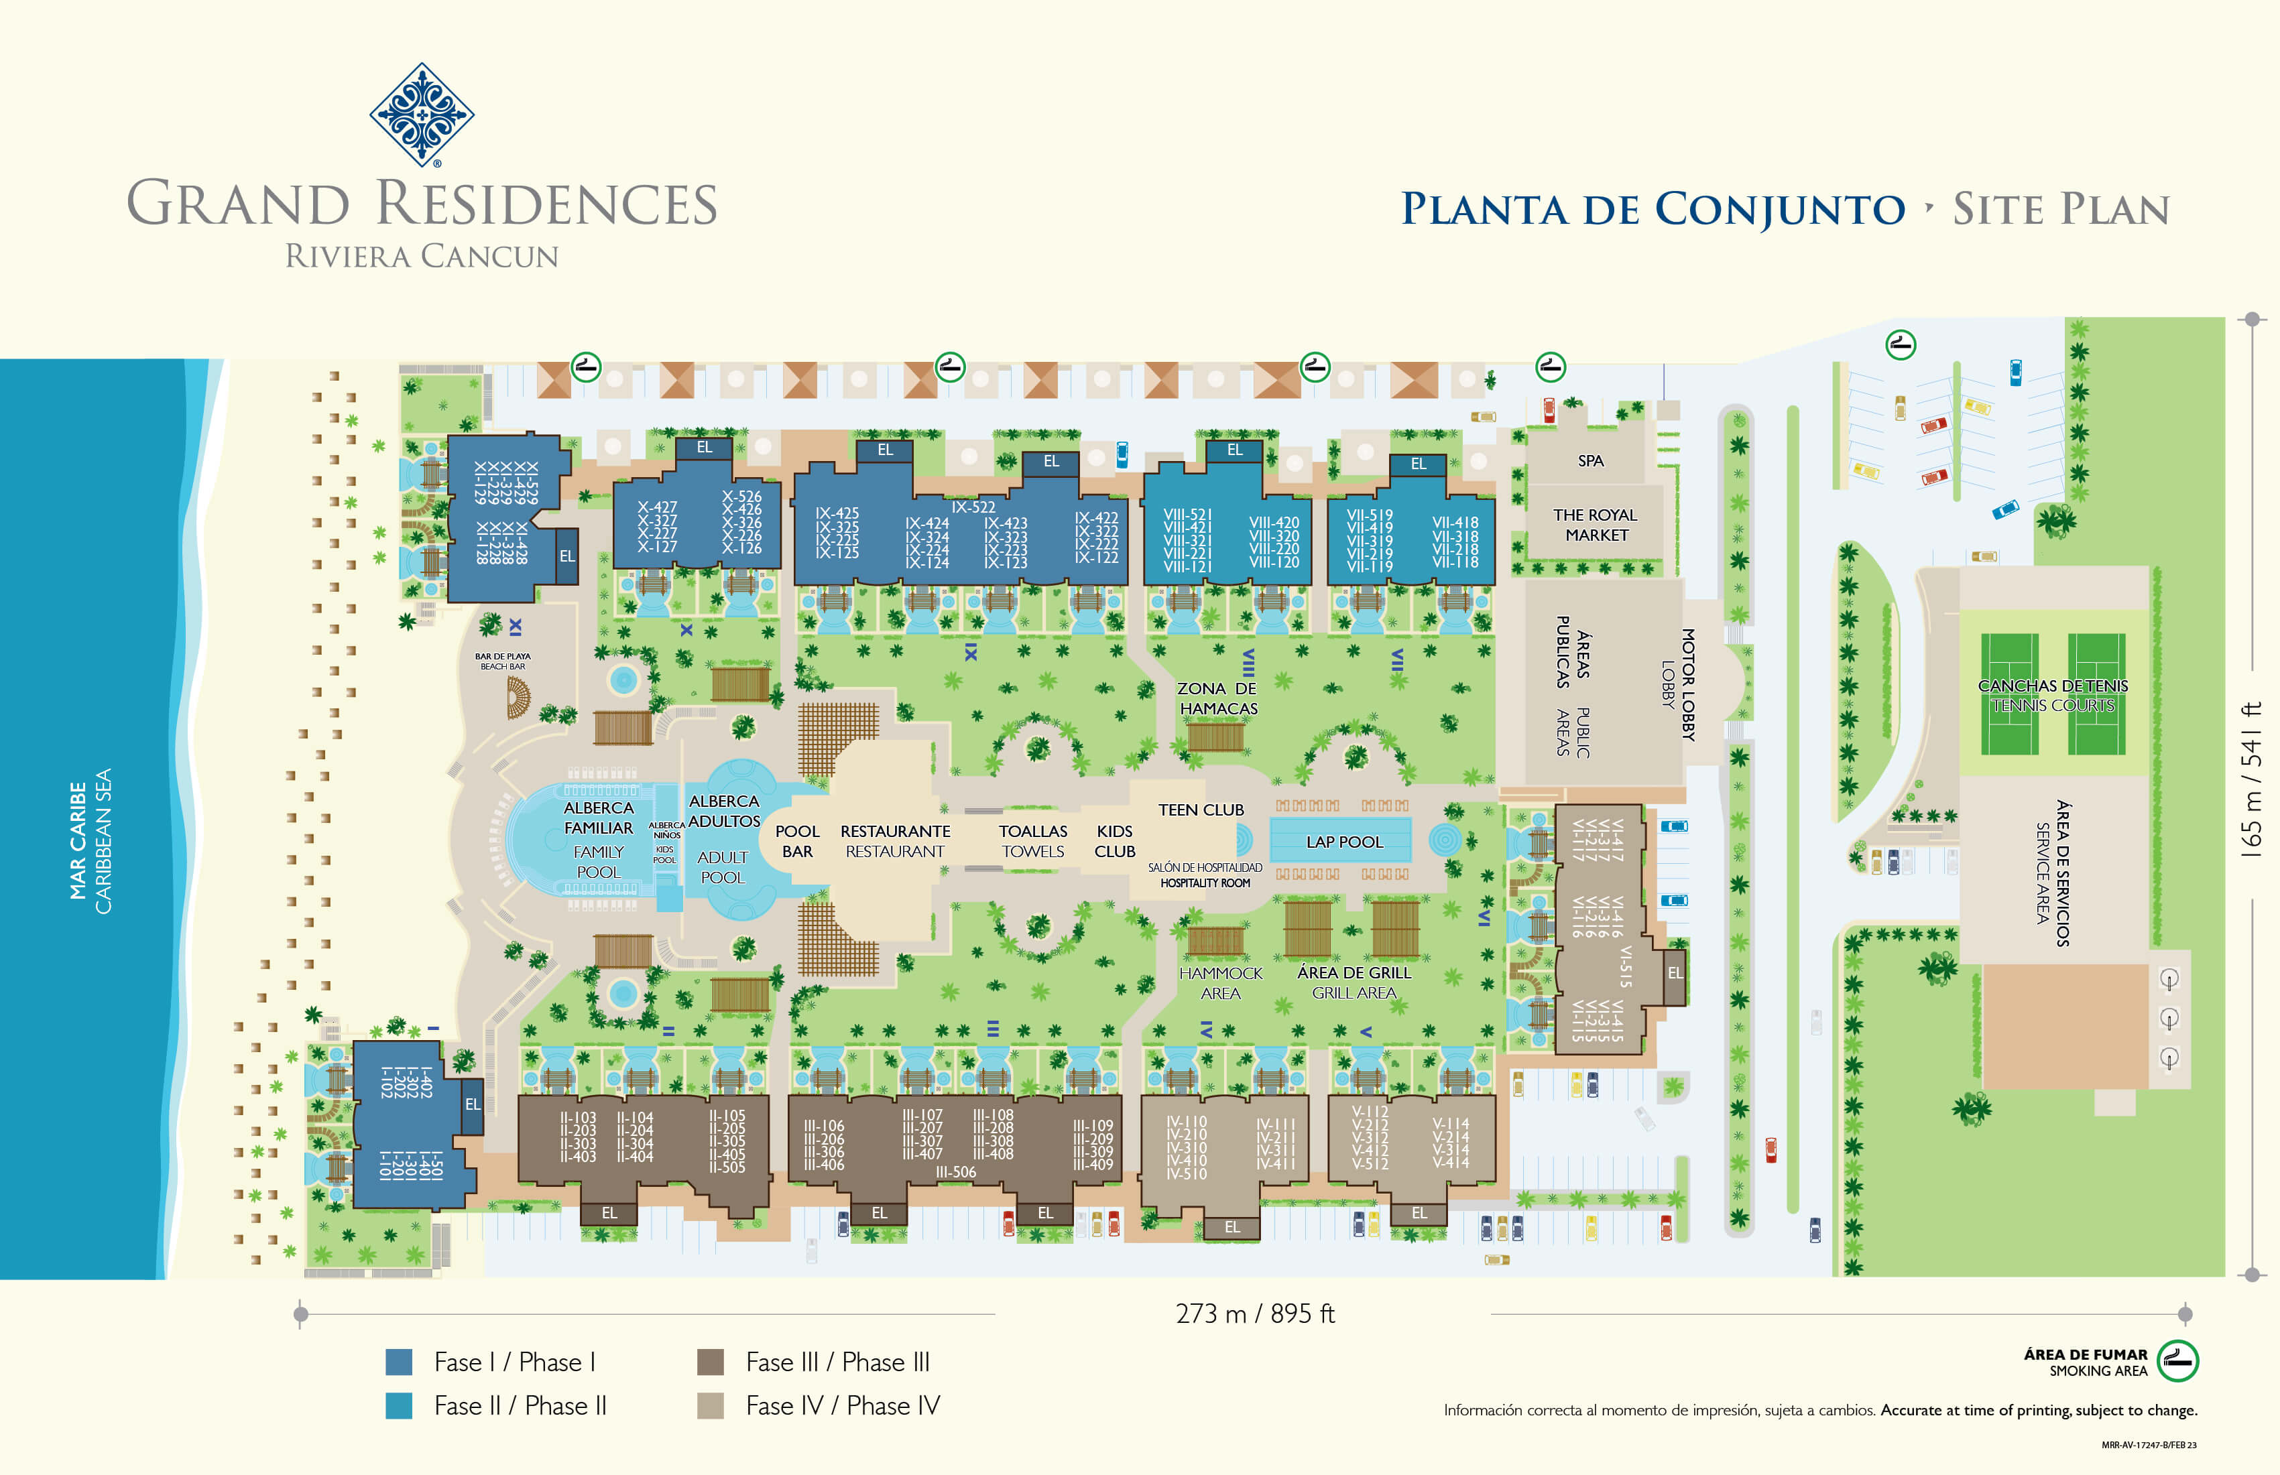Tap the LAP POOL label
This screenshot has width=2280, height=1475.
[x=1344, y=842]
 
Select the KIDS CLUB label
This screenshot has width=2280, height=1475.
[x=1115, y=841]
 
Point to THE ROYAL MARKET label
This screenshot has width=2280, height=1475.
[x=1595, y=525]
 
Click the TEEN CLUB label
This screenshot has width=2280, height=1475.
[x=1201, y=810]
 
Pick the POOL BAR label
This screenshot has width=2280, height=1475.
[x=797, y=841]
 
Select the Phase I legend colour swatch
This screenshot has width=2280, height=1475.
[x=398, y=1362]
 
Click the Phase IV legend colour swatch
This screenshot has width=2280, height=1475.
[x=710, y=1405]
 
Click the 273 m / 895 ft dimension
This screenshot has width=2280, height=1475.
[x=1255, y=1313]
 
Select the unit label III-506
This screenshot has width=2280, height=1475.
[x=956, y=1171]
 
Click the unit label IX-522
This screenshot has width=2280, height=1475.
[x=973, y=507]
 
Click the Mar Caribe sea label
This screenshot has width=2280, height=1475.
[x=78, y=841]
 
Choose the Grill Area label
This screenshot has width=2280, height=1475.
[x=1354, y=993]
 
